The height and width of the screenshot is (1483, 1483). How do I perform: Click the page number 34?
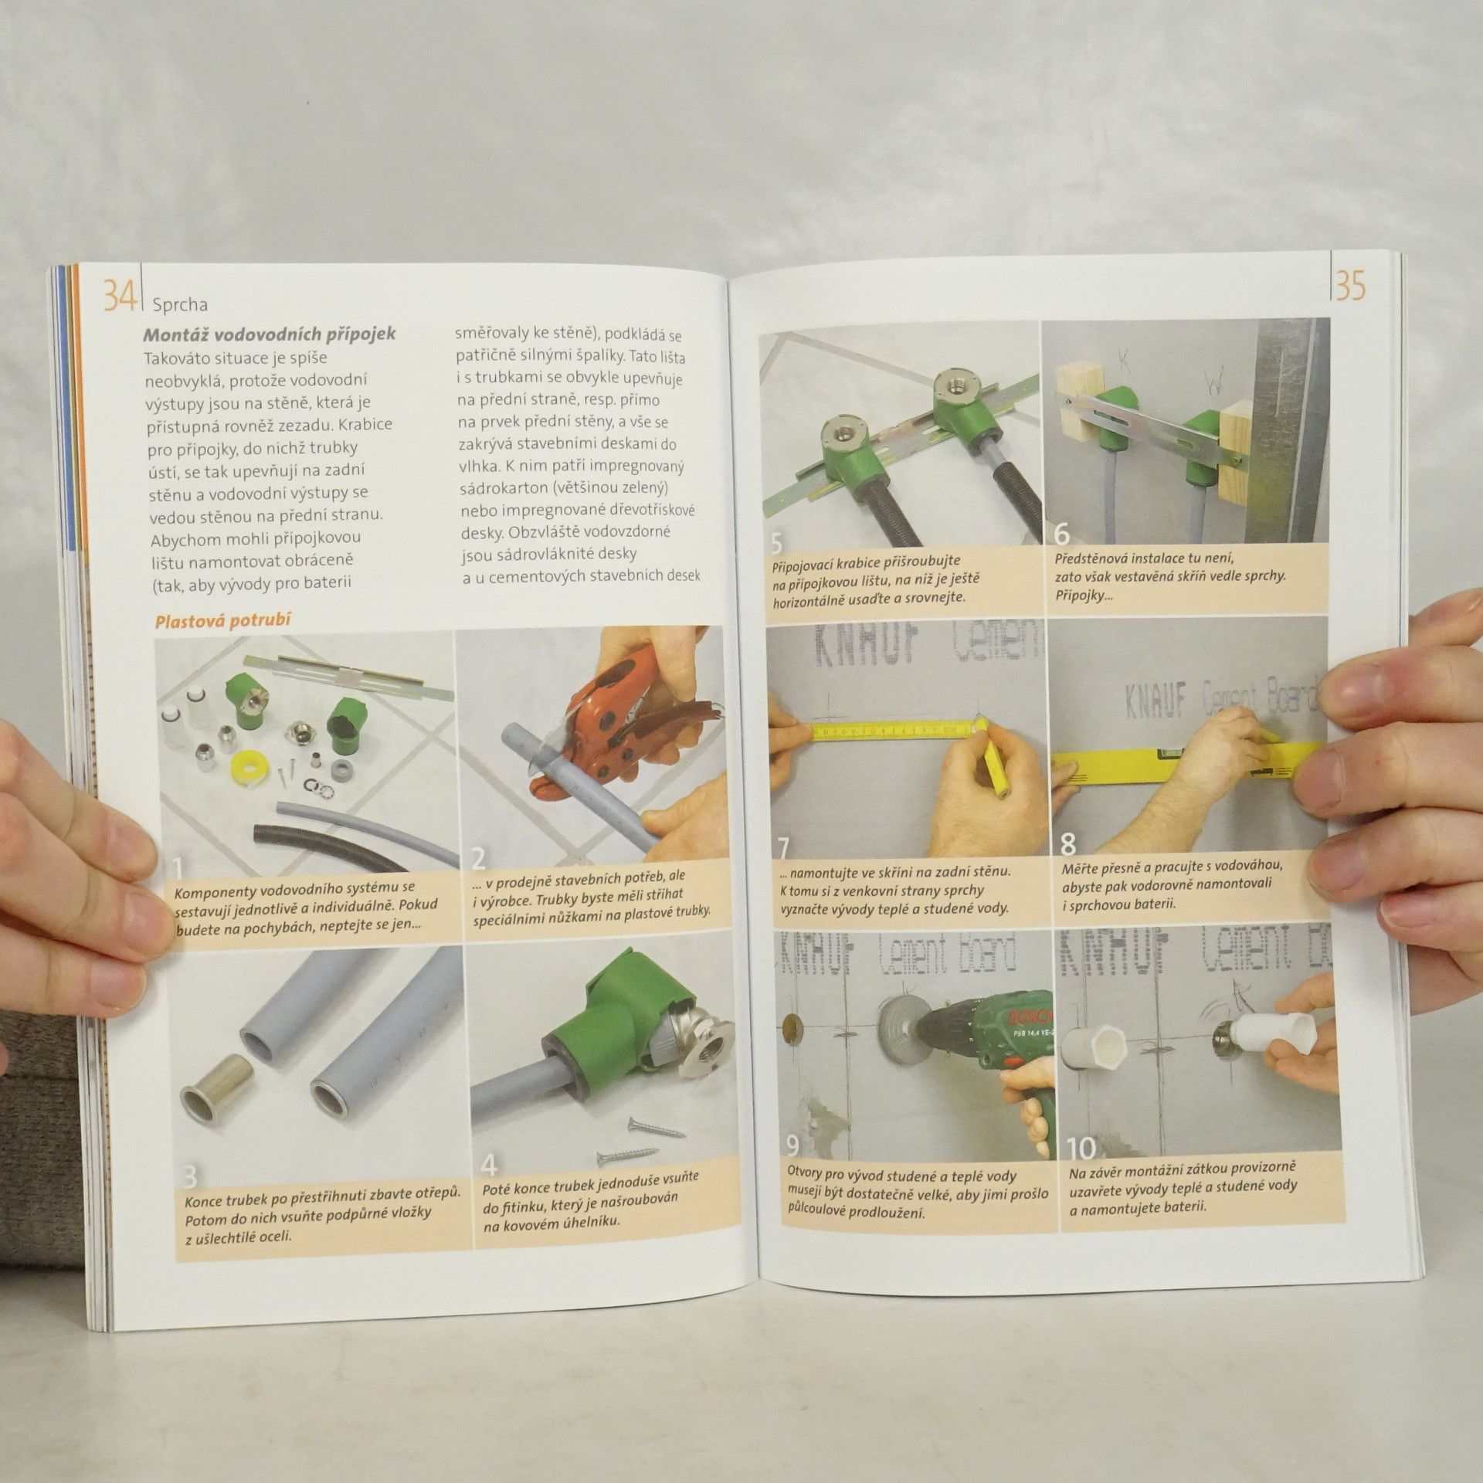tap(120, 296)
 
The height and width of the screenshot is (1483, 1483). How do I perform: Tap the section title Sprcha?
tap(180, 305)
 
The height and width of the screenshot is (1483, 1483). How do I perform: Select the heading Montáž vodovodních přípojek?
tap(270, 334)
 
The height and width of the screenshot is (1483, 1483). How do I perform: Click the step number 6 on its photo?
tap(1063, 534)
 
